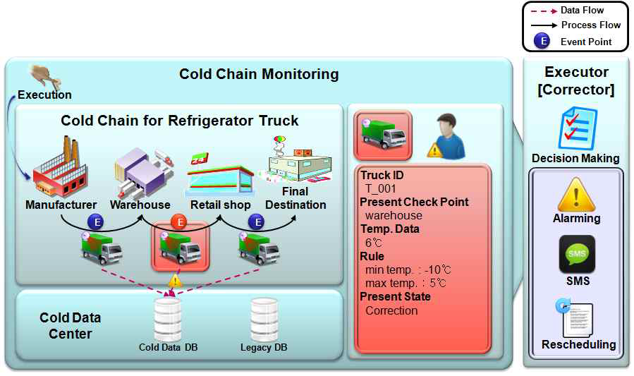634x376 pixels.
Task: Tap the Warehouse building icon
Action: pyautogui.click(x=140, y=171)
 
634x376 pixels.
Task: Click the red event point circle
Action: pyautogui.click(x=181, y=223)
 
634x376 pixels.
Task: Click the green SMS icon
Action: pyautogui.click(x=577, y=254)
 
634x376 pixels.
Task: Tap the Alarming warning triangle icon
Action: pyautogui.click(x=576, y=195)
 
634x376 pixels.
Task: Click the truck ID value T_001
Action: pyautogui.click(x=381, y=188)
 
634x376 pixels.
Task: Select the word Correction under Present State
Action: pyautogui.click(x=391, y=310)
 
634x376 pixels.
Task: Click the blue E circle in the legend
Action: pyautogui.click(x=542, y=41)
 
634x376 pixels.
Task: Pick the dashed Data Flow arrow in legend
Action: pyautogui.click(x=541, y=11)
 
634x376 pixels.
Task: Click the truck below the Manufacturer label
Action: pyautogui.click(x=102, y=248)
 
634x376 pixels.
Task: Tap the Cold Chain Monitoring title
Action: pyautogui.click(x=259, y=74)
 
